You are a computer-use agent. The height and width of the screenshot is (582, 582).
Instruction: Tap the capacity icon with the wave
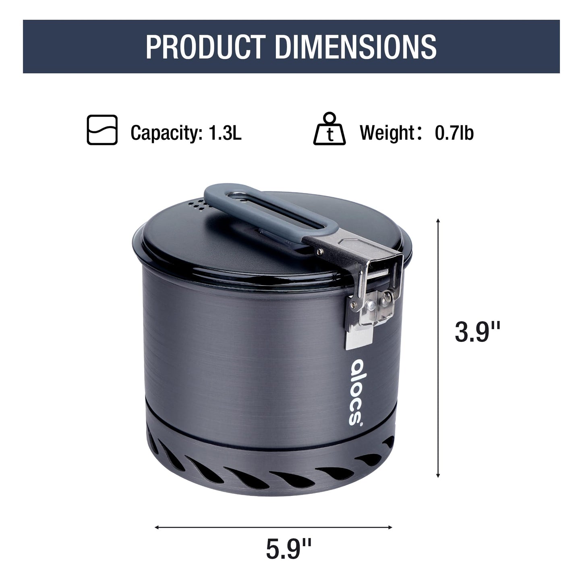click(102, 130)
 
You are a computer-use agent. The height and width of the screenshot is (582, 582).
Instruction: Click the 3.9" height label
click(477, 332)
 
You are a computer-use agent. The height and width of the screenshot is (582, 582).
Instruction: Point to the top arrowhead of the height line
click(438, 221)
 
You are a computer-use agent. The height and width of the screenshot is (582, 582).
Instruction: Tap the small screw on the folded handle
click(320, 252)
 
